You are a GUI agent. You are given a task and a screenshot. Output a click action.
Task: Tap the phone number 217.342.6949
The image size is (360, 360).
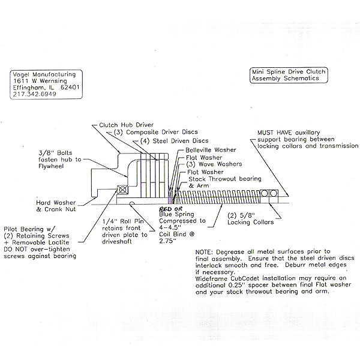(34, 94)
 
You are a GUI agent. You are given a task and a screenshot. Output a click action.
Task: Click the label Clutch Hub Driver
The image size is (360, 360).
(126, 125)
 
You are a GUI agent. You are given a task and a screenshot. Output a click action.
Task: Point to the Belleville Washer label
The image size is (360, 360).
(211, 150)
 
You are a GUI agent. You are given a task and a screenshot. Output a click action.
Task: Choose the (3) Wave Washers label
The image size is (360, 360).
(214, 164)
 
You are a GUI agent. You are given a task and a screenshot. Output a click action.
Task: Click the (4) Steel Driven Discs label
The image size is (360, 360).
(174, 141)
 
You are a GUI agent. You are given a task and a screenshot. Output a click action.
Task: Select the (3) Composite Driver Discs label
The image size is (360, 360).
(155, 132)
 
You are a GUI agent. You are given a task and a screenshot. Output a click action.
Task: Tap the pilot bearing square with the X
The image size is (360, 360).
(123, 190)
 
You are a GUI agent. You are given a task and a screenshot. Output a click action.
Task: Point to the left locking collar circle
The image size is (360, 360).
(265, 193)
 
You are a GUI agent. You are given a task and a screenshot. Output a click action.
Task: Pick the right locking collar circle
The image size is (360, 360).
(274, 193)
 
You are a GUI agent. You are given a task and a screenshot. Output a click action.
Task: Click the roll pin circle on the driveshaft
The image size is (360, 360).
(132, 203)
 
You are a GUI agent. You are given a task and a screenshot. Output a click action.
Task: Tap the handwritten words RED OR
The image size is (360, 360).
(171, 209)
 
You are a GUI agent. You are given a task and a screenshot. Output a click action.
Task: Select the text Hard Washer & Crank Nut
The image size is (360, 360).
(56, 206)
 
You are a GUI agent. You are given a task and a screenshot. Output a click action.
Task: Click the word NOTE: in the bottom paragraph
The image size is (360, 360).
(205, 252)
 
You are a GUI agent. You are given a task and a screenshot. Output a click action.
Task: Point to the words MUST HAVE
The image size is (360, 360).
(275, 133)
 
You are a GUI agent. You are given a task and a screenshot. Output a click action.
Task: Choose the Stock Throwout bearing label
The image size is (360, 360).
(225, 179)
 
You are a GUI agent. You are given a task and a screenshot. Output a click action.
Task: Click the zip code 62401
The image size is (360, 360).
(70, 88)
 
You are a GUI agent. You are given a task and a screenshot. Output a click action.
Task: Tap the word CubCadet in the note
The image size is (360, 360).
(245, 279)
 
